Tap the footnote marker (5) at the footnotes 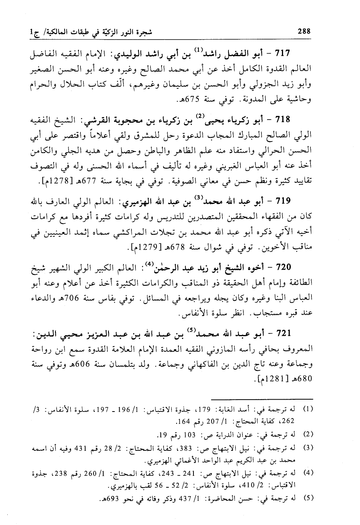(x=308, y=499)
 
